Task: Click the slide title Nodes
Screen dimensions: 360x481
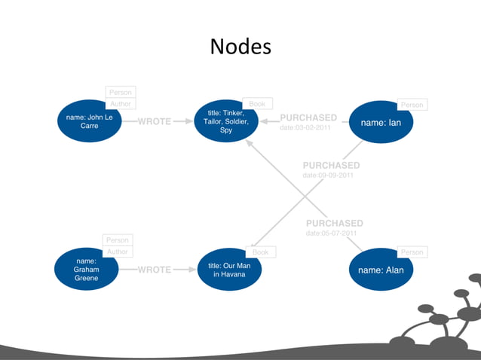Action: (x=240, y=47)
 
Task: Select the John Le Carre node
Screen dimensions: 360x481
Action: (x=89, y=121)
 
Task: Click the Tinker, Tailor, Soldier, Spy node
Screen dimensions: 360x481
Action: (x=226, y=121)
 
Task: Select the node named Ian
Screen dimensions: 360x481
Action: (x=381, y=122)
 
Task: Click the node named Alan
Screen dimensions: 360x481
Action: (x=381, y=270)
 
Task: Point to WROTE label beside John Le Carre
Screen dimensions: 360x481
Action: (x=155, y=121)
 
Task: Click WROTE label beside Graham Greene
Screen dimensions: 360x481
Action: (x=155, y=270)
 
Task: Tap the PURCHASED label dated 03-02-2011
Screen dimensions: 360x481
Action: (x=308, y=117)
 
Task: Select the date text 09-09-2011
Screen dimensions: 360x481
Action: (x=328, y=175)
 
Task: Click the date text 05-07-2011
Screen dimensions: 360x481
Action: (x=331, y=233)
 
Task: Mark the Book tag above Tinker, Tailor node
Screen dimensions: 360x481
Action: (x=256, y=104)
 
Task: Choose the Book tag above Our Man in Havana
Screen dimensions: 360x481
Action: (x=260, y=252)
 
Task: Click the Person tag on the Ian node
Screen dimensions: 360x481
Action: (x=412, y=105)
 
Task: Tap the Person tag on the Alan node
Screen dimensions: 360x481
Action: (x=412, y=252)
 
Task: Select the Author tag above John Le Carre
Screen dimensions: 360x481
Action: (x=121, y=104)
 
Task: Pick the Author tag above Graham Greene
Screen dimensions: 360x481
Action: (x=118, y=252)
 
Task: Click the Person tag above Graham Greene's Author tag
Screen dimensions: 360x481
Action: (x=118, y=239)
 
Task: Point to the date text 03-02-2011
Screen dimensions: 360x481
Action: (x=305, y=128)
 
